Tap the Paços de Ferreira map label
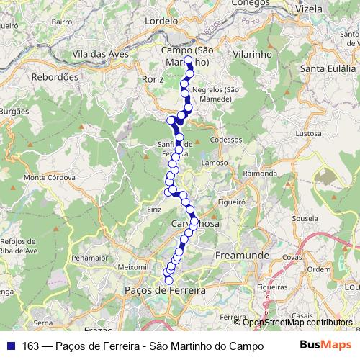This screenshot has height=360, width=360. (165, 289)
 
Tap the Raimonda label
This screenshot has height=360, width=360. (260, 174)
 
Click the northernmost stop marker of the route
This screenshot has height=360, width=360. (189, 63)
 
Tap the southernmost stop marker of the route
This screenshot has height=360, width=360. (169, 280)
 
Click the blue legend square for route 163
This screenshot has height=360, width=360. (10, 345)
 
